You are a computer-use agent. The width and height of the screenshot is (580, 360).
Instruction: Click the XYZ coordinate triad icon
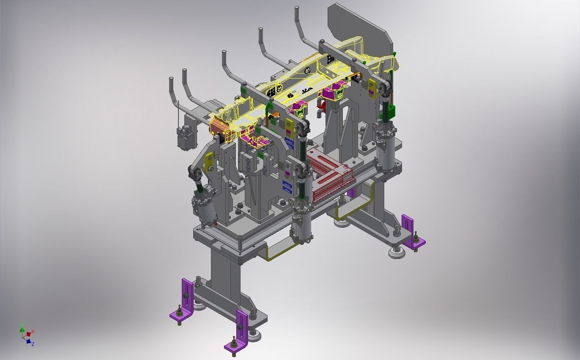[27, 334]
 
